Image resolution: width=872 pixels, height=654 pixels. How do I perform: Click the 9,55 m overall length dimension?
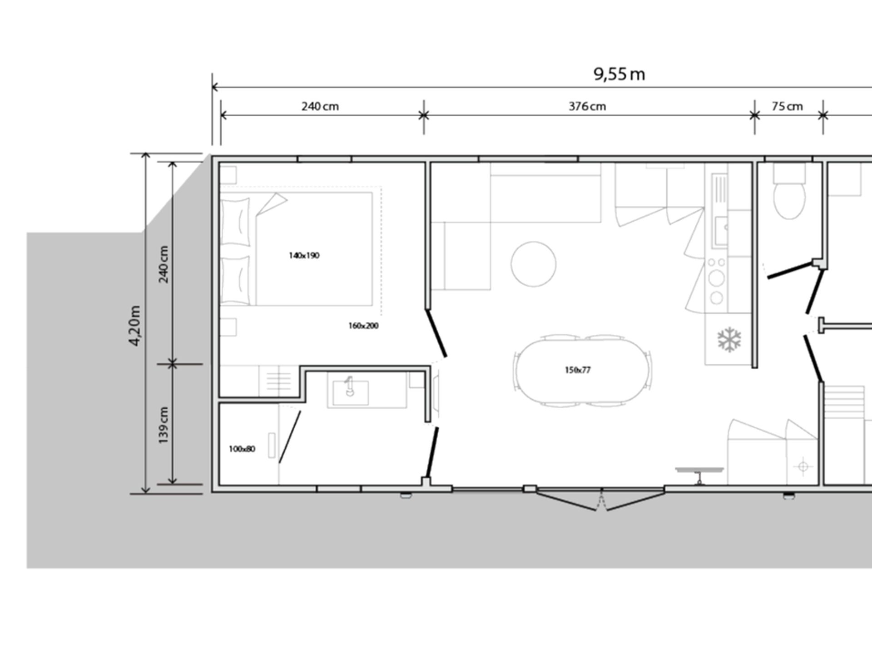point(619,74)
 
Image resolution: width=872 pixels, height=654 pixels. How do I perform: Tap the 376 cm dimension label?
point(587,106)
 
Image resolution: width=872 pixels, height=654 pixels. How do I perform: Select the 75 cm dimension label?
point(787,106)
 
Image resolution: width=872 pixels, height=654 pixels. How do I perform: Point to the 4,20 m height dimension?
point(135,325)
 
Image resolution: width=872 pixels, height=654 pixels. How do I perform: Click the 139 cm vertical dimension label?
point(163,425)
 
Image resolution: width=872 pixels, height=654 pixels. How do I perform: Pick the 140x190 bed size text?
point(304,255)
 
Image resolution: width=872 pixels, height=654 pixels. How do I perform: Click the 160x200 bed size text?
point(363,326)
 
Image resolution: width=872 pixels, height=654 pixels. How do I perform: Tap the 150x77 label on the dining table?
point(578,370)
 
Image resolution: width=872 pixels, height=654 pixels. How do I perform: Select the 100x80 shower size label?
point(242,449)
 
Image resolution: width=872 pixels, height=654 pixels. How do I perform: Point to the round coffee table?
point(534,264)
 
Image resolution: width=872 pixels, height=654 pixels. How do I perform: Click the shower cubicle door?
point(290,437)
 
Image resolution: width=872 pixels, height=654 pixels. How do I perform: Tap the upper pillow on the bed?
point(235,222)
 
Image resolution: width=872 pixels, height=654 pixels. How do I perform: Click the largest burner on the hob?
point(717,278)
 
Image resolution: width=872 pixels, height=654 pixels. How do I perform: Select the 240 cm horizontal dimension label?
point(320,106)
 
